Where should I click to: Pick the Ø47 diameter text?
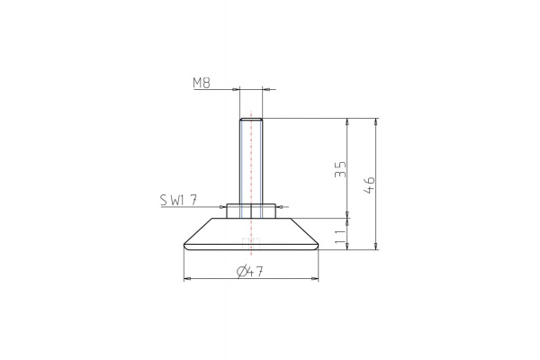(250, 273)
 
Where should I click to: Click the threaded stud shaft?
(250, 162)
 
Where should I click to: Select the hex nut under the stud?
(250, 211)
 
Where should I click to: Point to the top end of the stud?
(250, 119)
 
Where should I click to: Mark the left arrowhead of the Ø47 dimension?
(185, 280)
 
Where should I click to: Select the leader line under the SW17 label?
(193, 206)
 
